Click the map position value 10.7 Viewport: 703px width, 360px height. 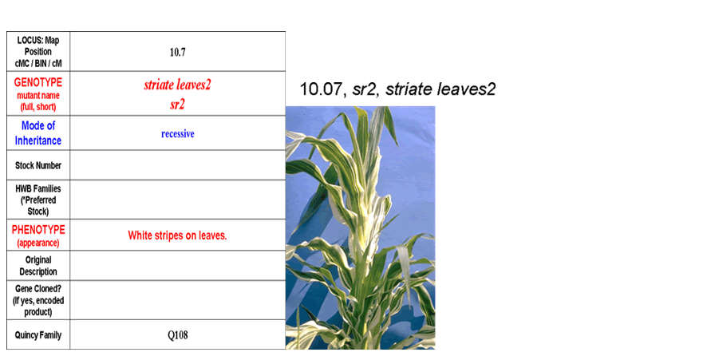tap(177, 53)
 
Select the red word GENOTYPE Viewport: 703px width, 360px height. tap(38, 82)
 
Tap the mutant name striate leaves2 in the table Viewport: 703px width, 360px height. tap(177, 85)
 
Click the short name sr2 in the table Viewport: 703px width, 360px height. tap(177, 105)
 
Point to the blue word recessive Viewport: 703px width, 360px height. tap(177, 133)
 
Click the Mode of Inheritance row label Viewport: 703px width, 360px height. tap(38, 133)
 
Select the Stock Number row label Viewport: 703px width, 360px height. tap(38, 165)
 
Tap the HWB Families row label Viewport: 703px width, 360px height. tap(38, 200)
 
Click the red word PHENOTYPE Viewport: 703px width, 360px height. tap(38, 230)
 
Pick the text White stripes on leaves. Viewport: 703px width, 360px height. tap(177, 235)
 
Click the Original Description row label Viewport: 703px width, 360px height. tap(38, 266)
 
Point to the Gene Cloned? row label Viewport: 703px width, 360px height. tap(38, 300)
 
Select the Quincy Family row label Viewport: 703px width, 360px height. tap(38, 335)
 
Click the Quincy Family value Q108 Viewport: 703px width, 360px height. tap(177, 335)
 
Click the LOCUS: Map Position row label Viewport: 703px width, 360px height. tap(38, 52)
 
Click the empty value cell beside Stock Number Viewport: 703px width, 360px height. tap(177, 165)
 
